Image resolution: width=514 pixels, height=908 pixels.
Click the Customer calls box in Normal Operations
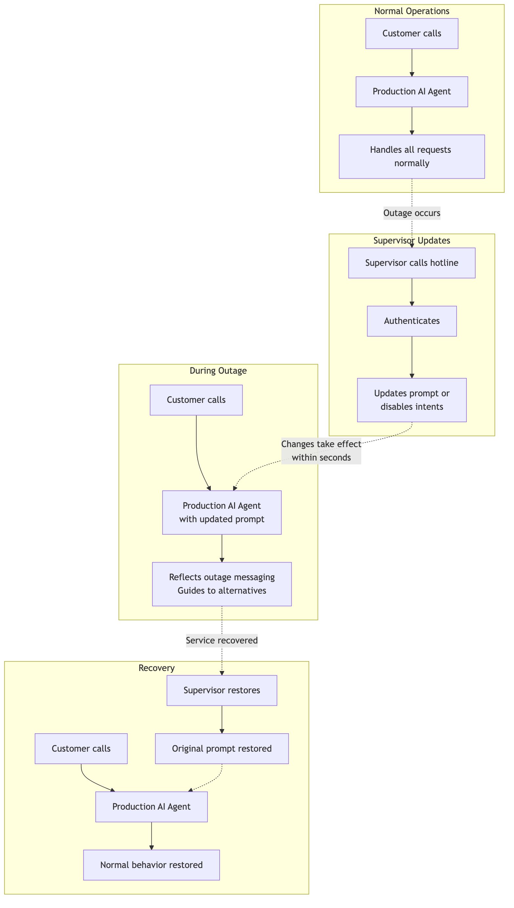[x=412, y=33]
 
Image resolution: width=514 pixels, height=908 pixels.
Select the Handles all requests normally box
[x=412, y=156]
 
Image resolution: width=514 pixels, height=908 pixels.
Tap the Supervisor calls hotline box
[x=412, y=263]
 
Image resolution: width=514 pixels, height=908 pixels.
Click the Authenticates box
[x=412, y=321]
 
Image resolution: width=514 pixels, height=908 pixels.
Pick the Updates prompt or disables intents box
[x=412, y=400]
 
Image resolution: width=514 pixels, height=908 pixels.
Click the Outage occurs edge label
[x=412, y=213]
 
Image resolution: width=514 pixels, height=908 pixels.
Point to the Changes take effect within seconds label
[x=321, y=451]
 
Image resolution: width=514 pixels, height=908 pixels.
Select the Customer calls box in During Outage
[x=196, y=400]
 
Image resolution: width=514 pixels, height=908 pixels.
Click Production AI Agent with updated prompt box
[x=222, y=512]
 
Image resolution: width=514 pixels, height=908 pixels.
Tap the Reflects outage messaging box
[x=222, y=584]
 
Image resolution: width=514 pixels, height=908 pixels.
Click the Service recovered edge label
[x=222, y=641]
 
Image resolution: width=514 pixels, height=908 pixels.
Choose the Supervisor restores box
[x=222, y=690]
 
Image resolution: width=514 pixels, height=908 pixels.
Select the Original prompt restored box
[x=222, y=748]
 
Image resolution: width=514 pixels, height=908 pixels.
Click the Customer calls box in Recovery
[x=81, y=748]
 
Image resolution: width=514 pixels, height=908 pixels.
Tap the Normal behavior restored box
[x=151, y=865]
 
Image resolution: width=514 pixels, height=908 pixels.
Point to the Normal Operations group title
[x=412, y=11]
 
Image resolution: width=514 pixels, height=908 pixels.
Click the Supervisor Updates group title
[x=412, y=240]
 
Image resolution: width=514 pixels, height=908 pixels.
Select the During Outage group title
[x=218, y=370]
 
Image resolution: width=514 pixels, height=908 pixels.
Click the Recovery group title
[x=156, y=668]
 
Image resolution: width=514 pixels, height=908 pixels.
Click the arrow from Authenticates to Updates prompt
[x=412, y=357]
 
